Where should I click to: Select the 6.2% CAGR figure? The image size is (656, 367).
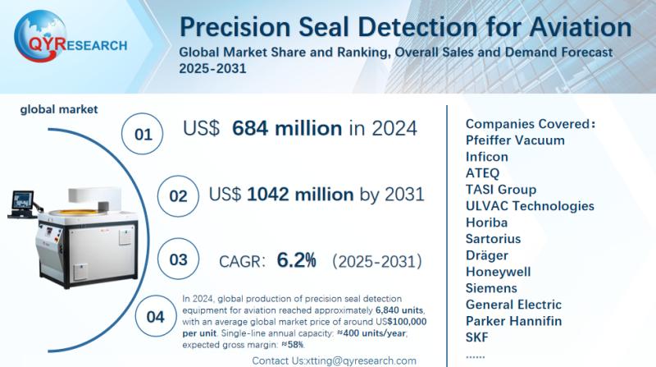(x=297, y=260)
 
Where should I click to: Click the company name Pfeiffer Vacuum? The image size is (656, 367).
(x=515, y=140)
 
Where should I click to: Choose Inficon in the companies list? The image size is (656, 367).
(x=487, y=157)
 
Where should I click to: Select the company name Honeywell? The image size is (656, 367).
(x=498, y=272)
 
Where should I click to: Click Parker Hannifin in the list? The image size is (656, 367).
(x=514, y=321)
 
